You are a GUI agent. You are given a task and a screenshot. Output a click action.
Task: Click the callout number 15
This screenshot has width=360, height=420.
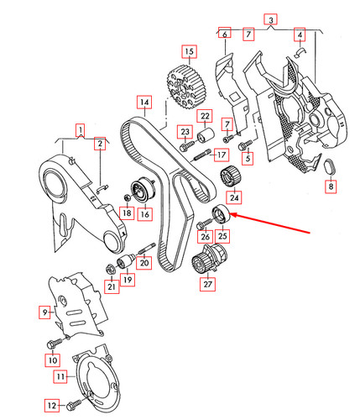pyautogui.click(x=189, y=51)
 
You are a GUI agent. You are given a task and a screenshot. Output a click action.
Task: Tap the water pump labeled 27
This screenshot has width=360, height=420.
pyautogui.click(x=209, y=259)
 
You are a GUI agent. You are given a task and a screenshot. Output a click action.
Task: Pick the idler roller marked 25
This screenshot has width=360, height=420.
pyautogui.click(x=221, y=213)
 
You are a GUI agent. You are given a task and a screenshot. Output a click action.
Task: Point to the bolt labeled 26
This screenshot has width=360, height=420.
pyautogui.click(x=204, y=223)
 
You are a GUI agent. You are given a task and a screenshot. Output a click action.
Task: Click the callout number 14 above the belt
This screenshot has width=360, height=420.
pyautogui.click(x=144, y=102)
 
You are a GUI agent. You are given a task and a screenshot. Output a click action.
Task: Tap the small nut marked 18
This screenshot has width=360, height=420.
pyautogui.click(x=127, y=197)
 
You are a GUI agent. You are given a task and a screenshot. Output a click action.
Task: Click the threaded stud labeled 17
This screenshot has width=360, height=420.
pyautogui.click(x=201, y=155)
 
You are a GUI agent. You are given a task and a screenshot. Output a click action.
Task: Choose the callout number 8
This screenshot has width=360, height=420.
pyautogui.click(x=331, y=186)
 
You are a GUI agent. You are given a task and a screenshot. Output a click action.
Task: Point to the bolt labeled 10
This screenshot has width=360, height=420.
pyautogui.click(x=55, y=343)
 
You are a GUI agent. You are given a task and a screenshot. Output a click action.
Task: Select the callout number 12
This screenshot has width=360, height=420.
pyautogui.click(x=52, y=406)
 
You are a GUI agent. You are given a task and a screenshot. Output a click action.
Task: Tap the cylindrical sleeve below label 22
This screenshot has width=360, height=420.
pyautogui.click(x=205, y=136)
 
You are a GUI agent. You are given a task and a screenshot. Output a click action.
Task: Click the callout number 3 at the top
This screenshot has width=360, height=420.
pyautogui.click(x=271, y=20)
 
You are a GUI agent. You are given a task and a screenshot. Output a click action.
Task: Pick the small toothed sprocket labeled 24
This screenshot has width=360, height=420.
pyautogui.click(x=230, y=176)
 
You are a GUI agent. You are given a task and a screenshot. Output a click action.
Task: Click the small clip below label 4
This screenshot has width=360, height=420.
pyautogui.click(x=300, y=52)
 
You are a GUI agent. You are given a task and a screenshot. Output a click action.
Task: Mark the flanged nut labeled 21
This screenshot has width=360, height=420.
pyautogui.click(x=111, y=269)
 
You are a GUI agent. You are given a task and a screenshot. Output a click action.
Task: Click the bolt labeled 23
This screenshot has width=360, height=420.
pyautogui.click(x=186, y=146)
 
